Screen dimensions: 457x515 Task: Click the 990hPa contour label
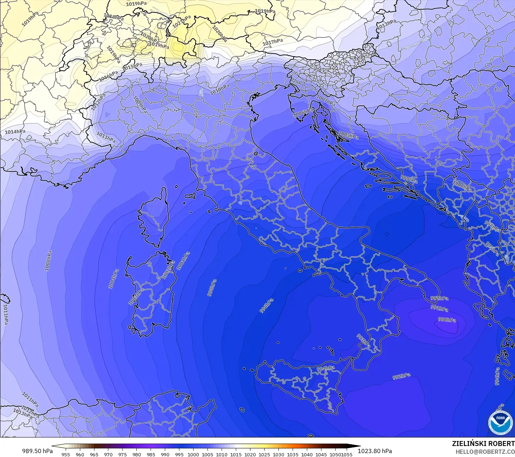[x=447, y=320]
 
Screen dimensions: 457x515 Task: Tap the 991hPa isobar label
[x=439, y=308]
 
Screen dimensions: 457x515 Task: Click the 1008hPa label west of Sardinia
[x=48, y=261]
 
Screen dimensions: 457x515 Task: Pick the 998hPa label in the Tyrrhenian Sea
[x=212, y=288]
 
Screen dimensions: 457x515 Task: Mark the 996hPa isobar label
[x=266, y=306]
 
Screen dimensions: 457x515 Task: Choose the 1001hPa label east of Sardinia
[x=184, y=261]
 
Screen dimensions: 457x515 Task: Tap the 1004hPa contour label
[x=114, y=279]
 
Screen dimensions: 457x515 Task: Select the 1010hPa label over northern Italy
[x=219, y=90]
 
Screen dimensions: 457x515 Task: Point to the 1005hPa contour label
[x=348, y=135]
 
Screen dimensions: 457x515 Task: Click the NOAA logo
[x=500, y=423]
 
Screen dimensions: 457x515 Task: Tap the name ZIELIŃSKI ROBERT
[x=483, y=444]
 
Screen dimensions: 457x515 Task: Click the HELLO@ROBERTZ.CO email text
[x=485, y=452]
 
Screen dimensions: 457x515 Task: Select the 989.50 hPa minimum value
[x=37, y=451]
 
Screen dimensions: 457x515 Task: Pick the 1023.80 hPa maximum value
[x=375, y=451]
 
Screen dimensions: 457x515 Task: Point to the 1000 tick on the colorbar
[x=193, y=454]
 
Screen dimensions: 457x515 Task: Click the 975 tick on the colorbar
[x=123, y=454]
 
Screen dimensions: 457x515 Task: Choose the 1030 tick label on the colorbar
[x=278, y=454]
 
